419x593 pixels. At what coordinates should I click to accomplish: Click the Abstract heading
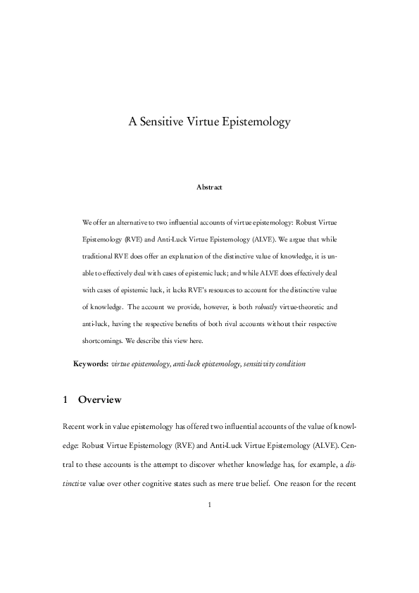point(209,187)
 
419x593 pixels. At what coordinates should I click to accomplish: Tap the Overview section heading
point(100,400)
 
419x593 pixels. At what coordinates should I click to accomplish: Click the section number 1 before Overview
point(65,400)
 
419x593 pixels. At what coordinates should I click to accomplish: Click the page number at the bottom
point(209,504)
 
